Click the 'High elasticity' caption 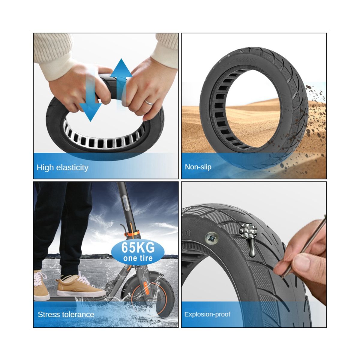click(x=62, y=168)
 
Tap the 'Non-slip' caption click(x=198, y=167)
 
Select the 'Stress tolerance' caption click(x=66, y=314)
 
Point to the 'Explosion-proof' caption click(x=207, y=314)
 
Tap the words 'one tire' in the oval click(x=138, y=258)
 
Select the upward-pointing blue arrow click(x=121, y=84)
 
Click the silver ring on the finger click(x=149, y=102)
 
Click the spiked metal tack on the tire click(x=249, y=237)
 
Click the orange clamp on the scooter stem click(x=133, y=233)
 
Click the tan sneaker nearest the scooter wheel click(x=81, y=285)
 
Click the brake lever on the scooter click(x=122, y=229)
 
